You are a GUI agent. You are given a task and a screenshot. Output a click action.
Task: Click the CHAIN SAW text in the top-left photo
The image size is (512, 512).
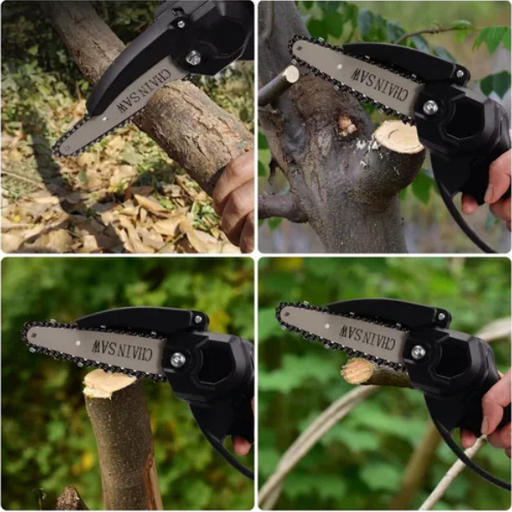pos(144,91)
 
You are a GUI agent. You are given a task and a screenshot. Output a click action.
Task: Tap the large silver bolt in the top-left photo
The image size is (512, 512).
pos(193,58)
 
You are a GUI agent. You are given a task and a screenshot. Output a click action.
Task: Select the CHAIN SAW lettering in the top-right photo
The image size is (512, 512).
pos(379,84)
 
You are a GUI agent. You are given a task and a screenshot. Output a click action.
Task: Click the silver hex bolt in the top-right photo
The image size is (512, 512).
pos(430,107)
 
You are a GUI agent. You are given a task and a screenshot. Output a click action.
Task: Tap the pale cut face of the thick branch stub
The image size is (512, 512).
pos(399,136)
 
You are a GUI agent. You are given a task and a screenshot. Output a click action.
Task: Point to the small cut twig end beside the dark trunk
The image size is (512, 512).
pos(291,74)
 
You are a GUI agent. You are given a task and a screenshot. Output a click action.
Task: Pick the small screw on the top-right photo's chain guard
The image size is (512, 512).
pos(459,74)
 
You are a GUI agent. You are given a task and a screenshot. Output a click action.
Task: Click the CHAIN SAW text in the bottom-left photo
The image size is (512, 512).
pos(122,350)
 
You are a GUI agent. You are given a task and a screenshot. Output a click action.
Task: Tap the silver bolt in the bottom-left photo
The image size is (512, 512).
pos(178,359)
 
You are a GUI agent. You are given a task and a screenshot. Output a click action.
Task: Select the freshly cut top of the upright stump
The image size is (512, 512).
pos(108,384)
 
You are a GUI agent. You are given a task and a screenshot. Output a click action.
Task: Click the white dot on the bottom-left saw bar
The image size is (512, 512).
pos(78,343)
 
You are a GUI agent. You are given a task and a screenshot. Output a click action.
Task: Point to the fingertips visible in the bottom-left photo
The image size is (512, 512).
pos(242,444)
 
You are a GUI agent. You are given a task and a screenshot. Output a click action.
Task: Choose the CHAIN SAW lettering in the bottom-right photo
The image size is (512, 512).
pos(367,337)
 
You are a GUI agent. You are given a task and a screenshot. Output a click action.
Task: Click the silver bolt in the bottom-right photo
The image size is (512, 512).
pos(418,352)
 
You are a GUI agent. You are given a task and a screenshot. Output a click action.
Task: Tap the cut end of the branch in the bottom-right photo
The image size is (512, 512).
pos(357,371)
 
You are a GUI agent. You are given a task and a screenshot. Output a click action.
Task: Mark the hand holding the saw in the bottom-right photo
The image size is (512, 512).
pos(490,415)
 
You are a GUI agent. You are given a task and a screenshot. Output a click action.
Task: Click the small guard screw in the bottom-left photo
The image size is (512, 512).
pos(198,319)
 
